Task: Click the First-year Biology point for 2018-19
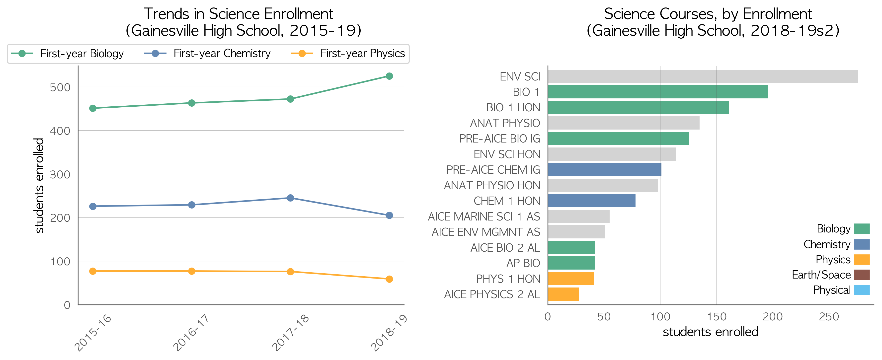coord(389,76)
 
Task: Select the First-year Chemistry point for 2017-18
coord(290,198)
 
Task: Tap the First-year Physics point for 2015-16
coord(93,271)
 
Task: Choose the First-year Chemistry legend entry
coord(207,53)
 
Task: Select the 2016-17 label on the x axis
coord(191,333)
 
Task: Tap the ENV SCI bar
coord(703,76)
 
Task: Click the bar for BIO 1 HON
coord(638,107)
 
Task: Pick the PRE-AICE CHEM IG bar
coord(605,170)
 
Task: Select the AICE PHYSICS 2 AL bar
coord(563,294)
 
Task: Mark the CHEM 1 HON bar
coord(592,201)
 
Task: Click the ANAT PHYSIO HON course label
coord(492,185)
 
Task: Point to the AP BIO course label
coord(523,263)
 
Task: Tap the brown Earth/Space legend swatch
coord(862,275)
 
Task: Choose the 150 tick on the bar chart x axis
coord(717,317)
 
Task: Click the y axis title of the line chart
coord(39,185)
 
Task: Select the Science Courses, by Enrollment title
coord(708,14)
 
